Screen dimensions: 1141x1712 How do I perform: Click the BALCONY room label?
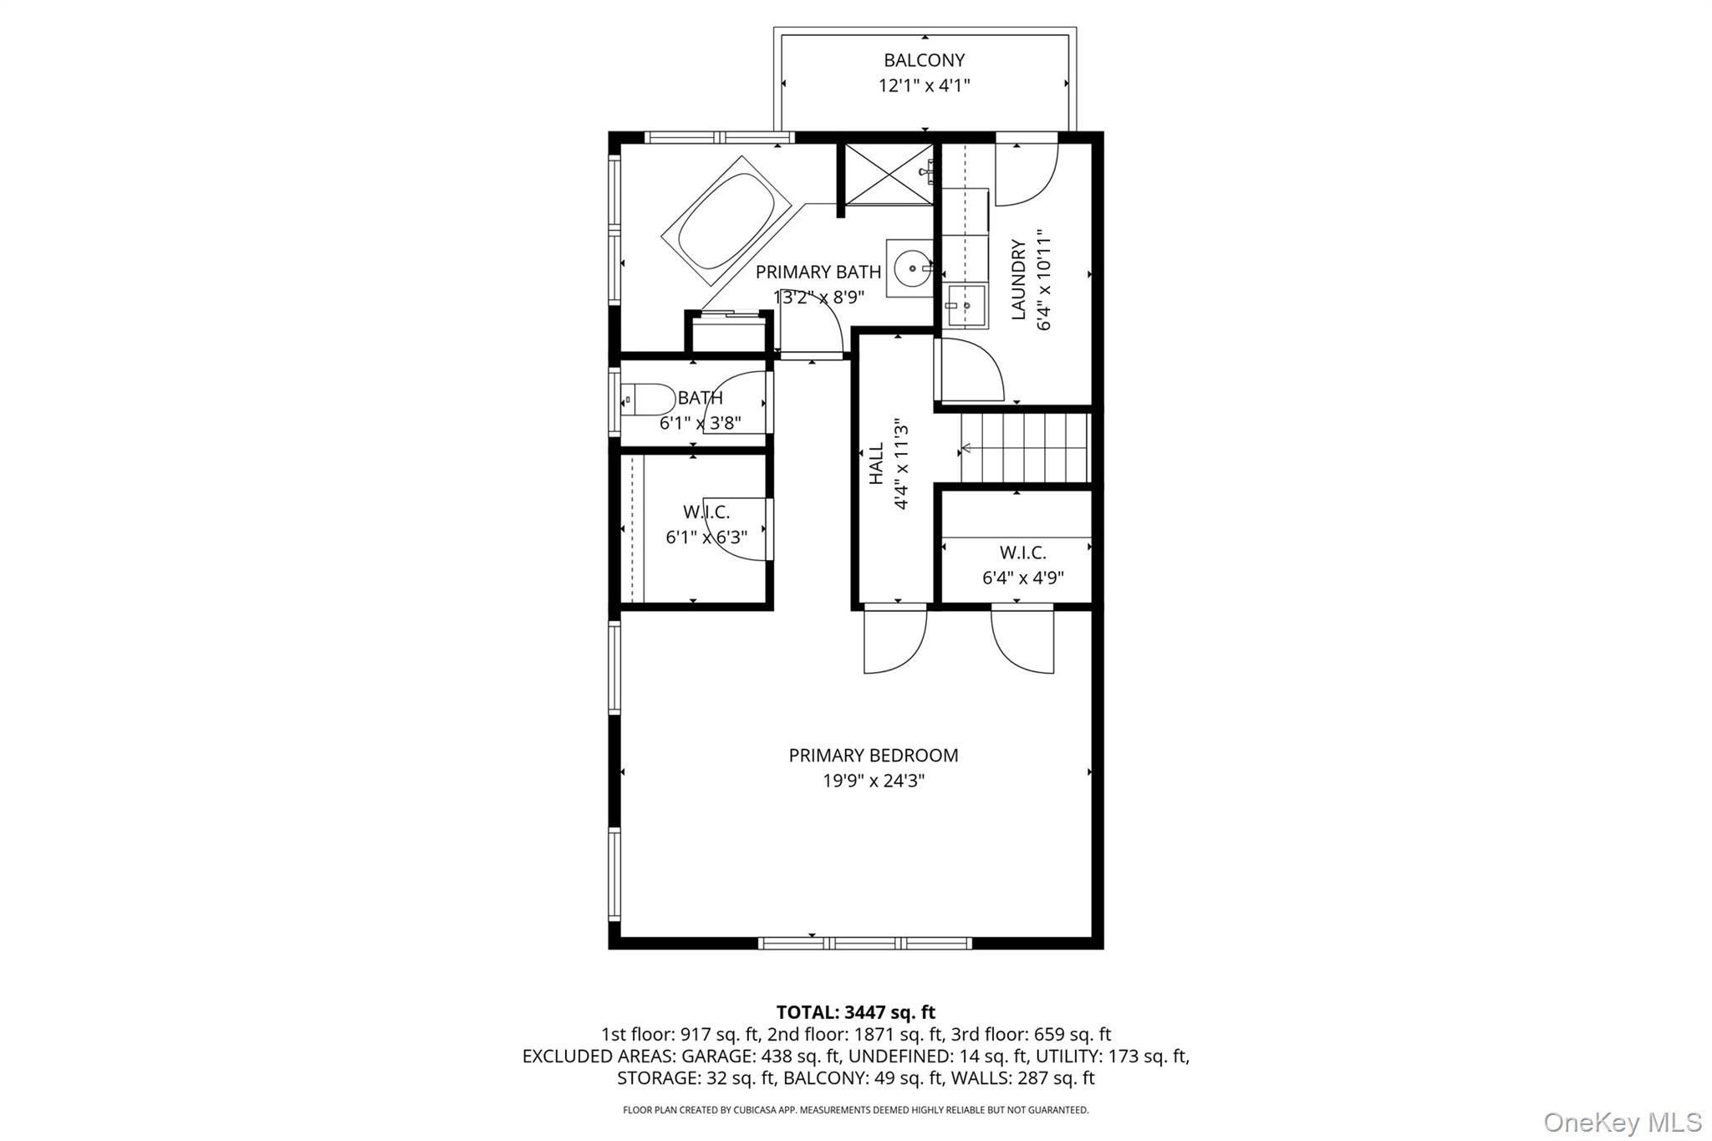[924, 60]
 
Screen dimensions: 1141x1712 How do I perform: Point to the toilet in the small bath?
[649, 400]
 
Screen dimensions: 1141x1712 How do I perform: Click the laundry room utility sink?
[966, 305]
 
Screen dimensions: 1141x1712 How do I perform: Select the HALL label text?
[876, 463]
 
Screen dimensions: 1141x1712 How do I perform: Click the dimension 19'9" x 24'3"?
[873, 781]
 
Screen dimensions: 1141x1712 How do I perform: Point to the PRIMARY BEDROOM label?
[873, 755]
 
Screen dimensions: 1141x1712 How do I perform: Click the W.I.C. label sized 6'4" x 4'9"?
[1022, 553]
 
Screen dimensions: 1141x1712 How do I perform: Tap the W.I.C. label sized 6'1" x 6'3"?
[706, 512]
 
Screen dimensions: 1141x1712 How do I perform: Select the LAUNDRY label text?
[1018, 279]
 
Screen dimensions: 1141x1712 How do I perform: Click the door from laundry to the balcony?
[1027, 171]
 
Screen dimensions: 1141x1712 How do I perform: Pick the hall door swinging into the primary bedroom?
[895, 639]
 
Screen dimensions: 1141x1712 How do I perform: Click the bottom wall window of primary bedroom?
[864, 943]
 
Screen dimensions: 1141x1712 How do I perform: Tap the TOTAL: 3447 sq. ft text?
[855, 1012]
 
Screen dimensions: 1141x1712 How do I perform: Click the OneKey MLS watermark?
[1622, 1121]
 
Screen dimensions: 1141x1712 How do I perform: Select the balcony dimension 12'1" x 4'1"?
[924, 85]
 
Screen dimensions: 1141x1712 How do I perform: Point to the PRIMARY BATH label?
[818, 272]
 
